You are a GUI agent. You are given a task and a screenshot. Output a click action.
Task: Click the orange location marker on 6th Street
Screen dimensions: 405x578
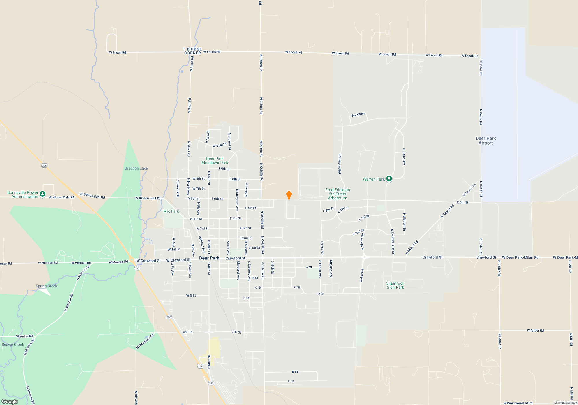click(289, 195)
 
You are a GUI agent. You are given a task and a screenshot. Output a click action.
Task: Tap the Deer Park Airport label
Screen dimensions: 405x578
click(486, 141)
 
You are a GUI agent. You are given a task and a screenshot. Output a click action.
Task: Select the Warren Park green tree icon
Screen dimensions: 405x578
click(389, 179)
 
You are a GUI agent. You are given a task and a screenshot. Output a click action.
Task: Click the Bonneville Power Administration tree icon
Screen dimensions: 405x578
click(42, 194)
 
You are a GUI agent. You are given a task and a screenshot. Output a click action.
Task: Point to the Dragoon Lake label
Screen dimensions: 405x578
click(136, 168)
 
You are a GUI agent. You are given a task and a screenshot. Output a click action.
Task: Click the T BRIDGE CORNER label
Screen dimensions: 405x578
click(192, 51)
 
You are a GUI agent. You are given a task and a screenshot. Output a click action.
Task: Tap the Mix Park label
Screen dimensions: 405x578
click(171, 211)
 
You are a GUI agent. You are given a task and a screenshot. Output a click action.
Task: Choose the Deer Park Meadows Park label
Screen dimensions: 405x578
click(215, 161)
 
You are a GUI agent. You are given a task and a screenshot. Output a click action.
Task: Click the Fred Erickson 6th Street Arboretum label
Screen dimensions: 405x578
click(338, 194)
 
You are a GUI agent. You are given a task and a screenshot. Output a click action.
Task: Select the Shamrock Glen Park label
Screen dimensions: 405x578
click(395, 285)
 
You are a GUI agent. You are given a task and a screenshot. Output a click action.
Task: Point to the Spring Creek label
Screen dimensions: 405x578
click(47, 286)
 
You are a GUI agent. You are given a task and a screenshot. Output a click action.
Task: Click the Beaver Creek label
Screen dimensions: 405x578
click(13, 345)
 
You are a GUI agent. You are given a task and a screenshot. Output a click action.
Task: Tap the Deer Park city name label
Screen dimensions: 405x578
click(209, 258)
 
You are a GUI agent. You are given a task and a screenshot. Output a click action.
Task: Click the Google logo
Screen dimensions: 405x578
click(10, 401)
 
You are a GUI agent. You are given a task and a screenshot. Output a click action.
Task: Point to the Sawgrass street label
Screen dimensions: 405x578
click(358, 115)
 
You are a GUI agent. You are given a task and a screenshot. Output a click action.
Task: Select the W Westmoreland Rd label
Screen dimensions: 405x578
click(518, 403)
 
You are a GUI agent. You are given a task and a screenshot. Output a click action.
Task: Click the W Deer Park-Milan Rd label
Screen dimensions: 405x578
click(520, 257)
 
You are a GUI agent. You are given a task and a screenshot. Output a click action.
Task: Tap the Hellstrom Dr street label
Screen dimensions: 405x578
click(404, 222)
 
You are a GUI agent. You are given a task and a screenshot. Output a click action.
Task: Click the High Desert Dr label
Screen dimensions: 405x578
click(340, 164)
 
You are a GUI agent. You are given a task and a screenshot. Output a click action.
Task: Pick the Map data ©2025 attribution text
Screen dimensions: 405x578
click(565, 403)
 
